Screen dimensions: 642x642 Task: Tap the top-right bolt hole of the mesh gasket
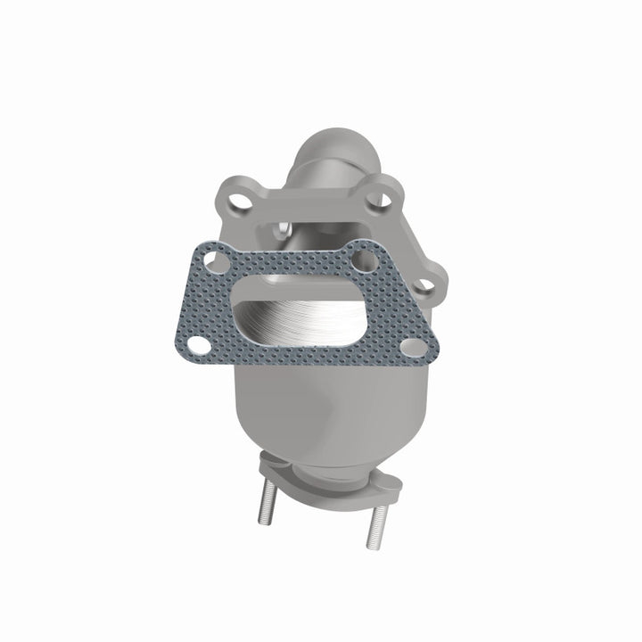(361, 262)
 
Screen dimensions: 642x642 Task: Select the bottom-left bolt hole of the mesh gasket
(202, 344)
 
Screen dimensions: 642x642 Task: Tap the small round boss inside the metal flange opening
(282, 228)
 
